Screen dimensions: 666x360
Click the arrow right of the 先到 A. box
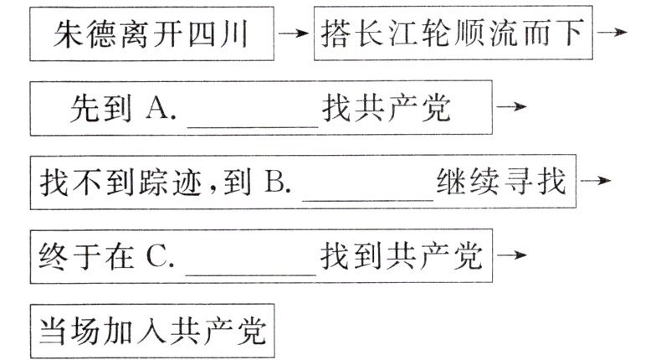512,108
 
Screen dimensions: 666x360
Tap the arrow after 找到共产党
512,255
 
